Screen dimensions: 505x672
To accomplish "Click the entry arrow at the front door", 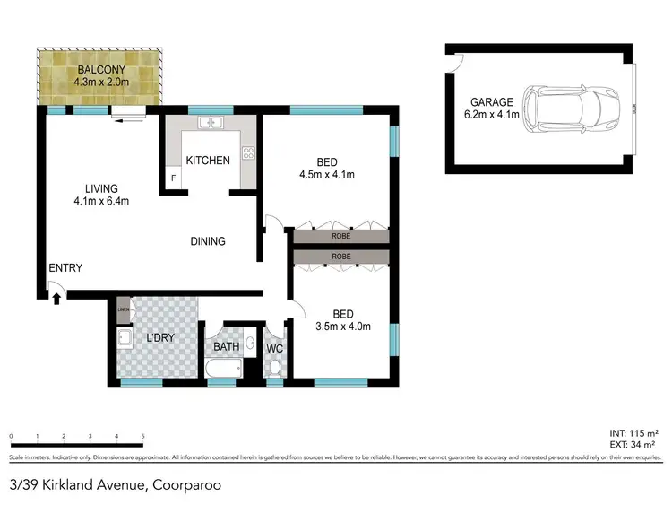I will (56, 298).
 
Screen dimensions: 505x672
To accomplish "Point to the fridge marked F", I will (173, 178).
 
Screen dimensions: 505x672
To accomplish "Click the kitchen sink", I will (211, 124).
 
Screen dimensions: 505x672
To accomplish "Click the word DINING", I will (207, 241).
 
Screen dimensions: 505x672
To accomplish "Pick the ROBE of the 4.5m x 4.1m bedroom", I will (339, 238).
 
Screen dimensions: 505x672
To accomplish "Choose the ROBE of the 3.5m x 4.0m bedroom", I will (339, 257).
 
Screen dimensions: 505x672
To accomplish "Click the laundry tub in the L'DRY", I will (125, 341).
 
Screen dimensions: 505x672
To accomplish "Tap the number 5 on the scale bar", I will (143, 437).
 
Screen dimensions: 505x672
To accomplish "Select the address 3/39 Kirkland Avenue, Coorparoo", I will (115, 485).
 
